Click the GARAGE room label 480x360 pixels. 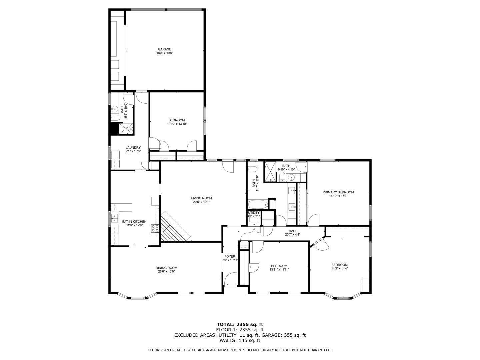point(164,49)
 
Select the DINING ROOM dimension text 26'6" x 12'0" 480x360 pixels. point(166,271)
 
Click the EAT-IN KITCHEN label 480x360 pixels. point(134,221)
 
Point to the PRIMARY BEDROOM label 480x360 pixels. point(338,192)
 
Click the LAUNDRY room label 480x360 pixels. point(133,148)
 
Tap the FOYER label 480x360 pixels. point(230,256)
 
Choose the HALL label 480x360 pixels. point(293,231)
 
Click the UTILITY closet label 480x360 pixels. point(254,213)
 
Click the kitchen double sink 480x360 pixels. point(114,218)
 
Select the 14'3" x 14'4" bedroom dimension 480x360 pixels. point(339,268)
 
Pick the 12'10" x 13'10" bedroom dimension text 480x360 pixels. point(177,124)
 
